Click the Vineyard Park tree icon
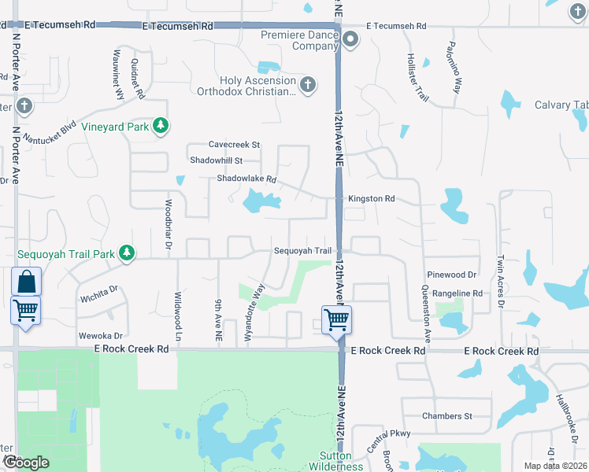pos(161,126)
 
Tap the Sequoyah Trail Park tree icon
pos(126,253)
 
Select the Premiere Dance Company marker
pos(350,39)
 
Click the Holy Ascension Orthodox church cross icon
pos(307,83)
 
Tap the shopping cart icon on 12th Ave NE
pos(336,320)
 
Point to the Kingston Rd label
pos(372,199)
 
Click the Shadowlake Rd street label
pos(247,179)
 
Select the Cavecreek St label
pos(234,145)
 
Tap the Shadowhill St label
pos(217,160)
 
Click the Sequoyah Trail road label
pos(302,251)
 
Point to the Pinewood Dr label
pos(452,275)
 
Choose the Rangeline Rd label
pos(457,293)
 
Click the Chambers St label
pos(446,415)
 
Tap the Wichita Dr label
pos(98,295)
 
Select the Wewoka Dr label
pos(101,335)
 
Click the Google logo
pos(25,463)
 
